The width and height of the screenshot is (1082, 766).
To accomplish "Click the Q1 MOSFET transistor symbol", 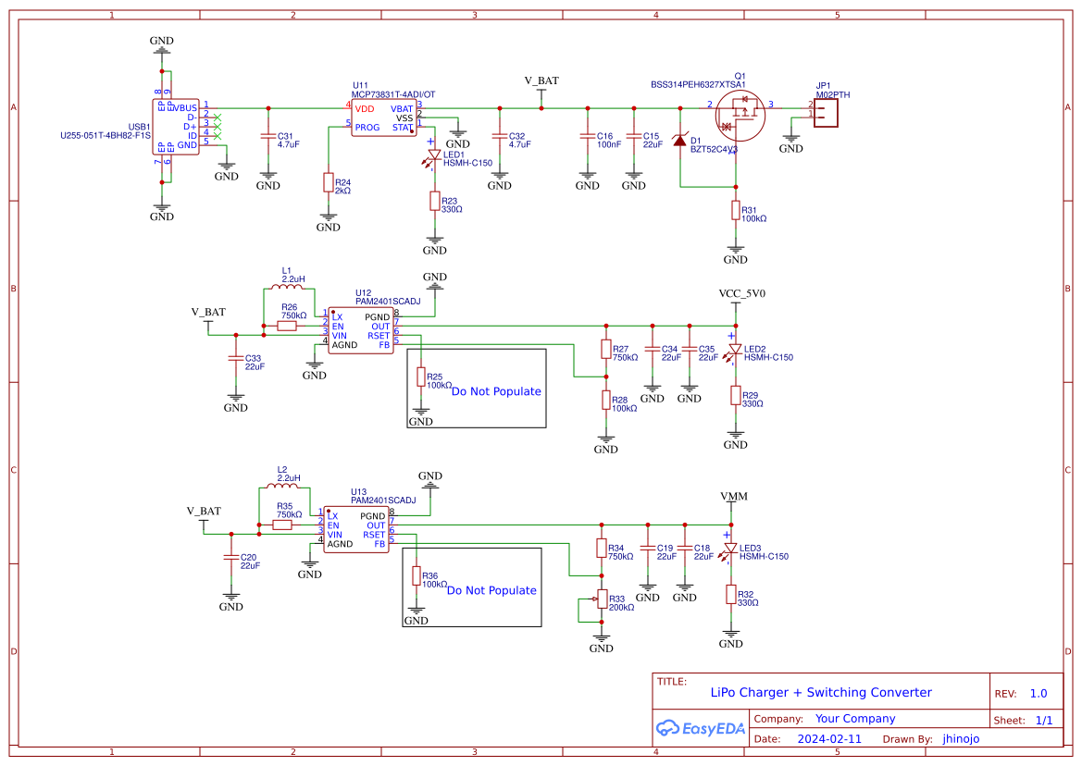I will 740,116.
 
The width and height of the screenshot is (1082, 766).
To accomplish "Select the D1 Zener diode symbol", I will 680,141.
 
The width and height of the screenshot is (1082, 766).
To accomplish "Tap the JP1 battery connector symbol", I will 827,110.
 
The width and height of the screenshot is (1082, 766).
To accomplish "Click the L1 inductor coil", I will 292,287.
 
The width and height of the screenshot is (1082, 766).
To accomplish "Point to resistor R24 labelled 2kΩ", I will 328,181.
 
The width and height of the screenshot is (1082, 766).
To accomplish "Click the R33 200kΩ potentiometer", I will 601,599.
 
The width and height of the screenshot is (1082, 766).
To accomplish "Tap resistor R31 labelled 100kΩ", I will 736,212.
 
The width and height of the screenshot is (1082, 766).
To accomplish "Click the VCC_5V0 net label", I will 742,294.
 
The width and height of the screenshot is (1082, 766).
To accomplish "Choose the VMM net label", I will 733,497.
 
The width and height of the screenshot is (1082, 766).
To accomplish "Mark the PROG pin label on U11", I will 367,128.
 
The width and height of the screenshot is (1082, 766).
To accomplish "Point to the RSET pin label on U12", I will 379,336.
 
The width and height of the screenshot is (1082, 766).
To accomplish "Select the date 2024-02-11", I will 829,739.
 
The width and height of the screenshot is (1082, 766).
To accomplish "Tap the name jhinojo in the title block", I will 961,739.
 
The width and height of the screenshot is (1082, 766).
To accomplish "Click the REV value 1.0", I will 1038,694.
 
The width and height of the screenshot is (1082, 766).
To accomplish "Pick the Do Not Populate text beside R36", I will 491,590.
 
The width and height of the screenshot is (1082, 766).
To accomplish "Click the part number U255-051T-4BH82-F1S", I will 105,135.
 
